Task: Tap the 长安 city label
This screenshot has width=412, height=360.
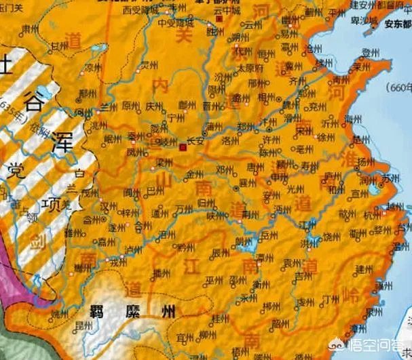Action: point(195,142)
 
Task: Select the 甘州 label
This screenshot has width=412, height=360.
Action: point(59,46)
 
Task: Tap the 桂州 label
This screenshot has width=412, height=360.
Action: point(219,317)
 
